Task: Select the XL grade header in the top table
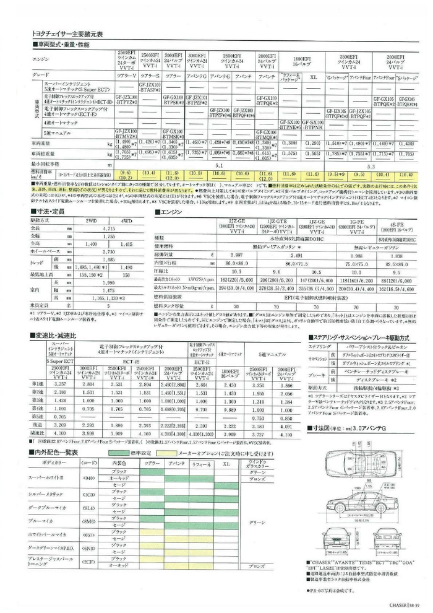click(313, 77)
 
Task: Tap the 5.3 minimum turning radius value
click(370, 166)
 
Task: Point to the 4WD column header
click(127, 220)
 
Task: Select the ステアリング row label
click(319, 348)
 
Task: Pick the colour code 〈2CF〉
click(88, 562)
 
